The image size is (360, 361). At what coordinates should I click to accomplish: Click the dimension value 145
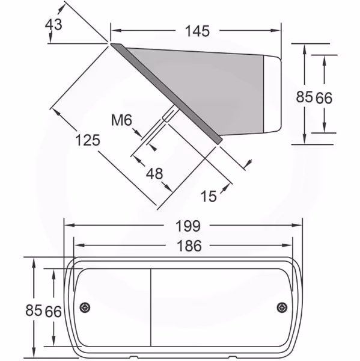click(x=197, y=31)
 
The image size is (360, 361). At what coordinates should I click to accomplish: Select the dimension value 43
click(x=53, y=25)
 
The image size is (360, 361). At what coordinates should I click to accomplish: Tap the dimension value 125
click(x=88, y=140)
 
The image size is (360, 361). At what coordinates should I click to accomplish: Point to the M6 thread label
click(x=121, y=120)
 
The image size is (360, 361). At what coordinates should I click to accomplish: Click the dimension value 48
click(x=154, y=174)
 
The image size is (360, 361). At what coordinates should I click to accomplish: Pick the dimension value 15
click(x=209, y=196)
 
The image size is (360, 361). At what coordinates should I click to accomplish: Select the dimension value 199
click(x=188, y=226)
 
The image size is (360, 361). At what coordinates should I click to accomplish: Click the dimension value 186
click(x=189, y=245)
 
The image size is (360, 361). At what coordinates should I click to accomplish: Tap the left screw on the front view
click(x=85, y=307)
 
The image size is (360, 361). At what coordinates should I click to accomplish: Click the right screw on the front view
click(x=282, y=307)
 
